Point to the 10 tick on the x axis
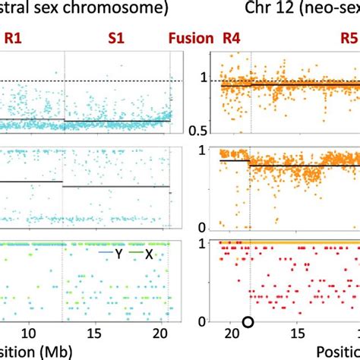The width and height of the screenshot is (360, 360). (29, 333)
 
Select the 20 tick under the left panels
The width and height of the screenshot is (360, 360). (157, 333)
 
